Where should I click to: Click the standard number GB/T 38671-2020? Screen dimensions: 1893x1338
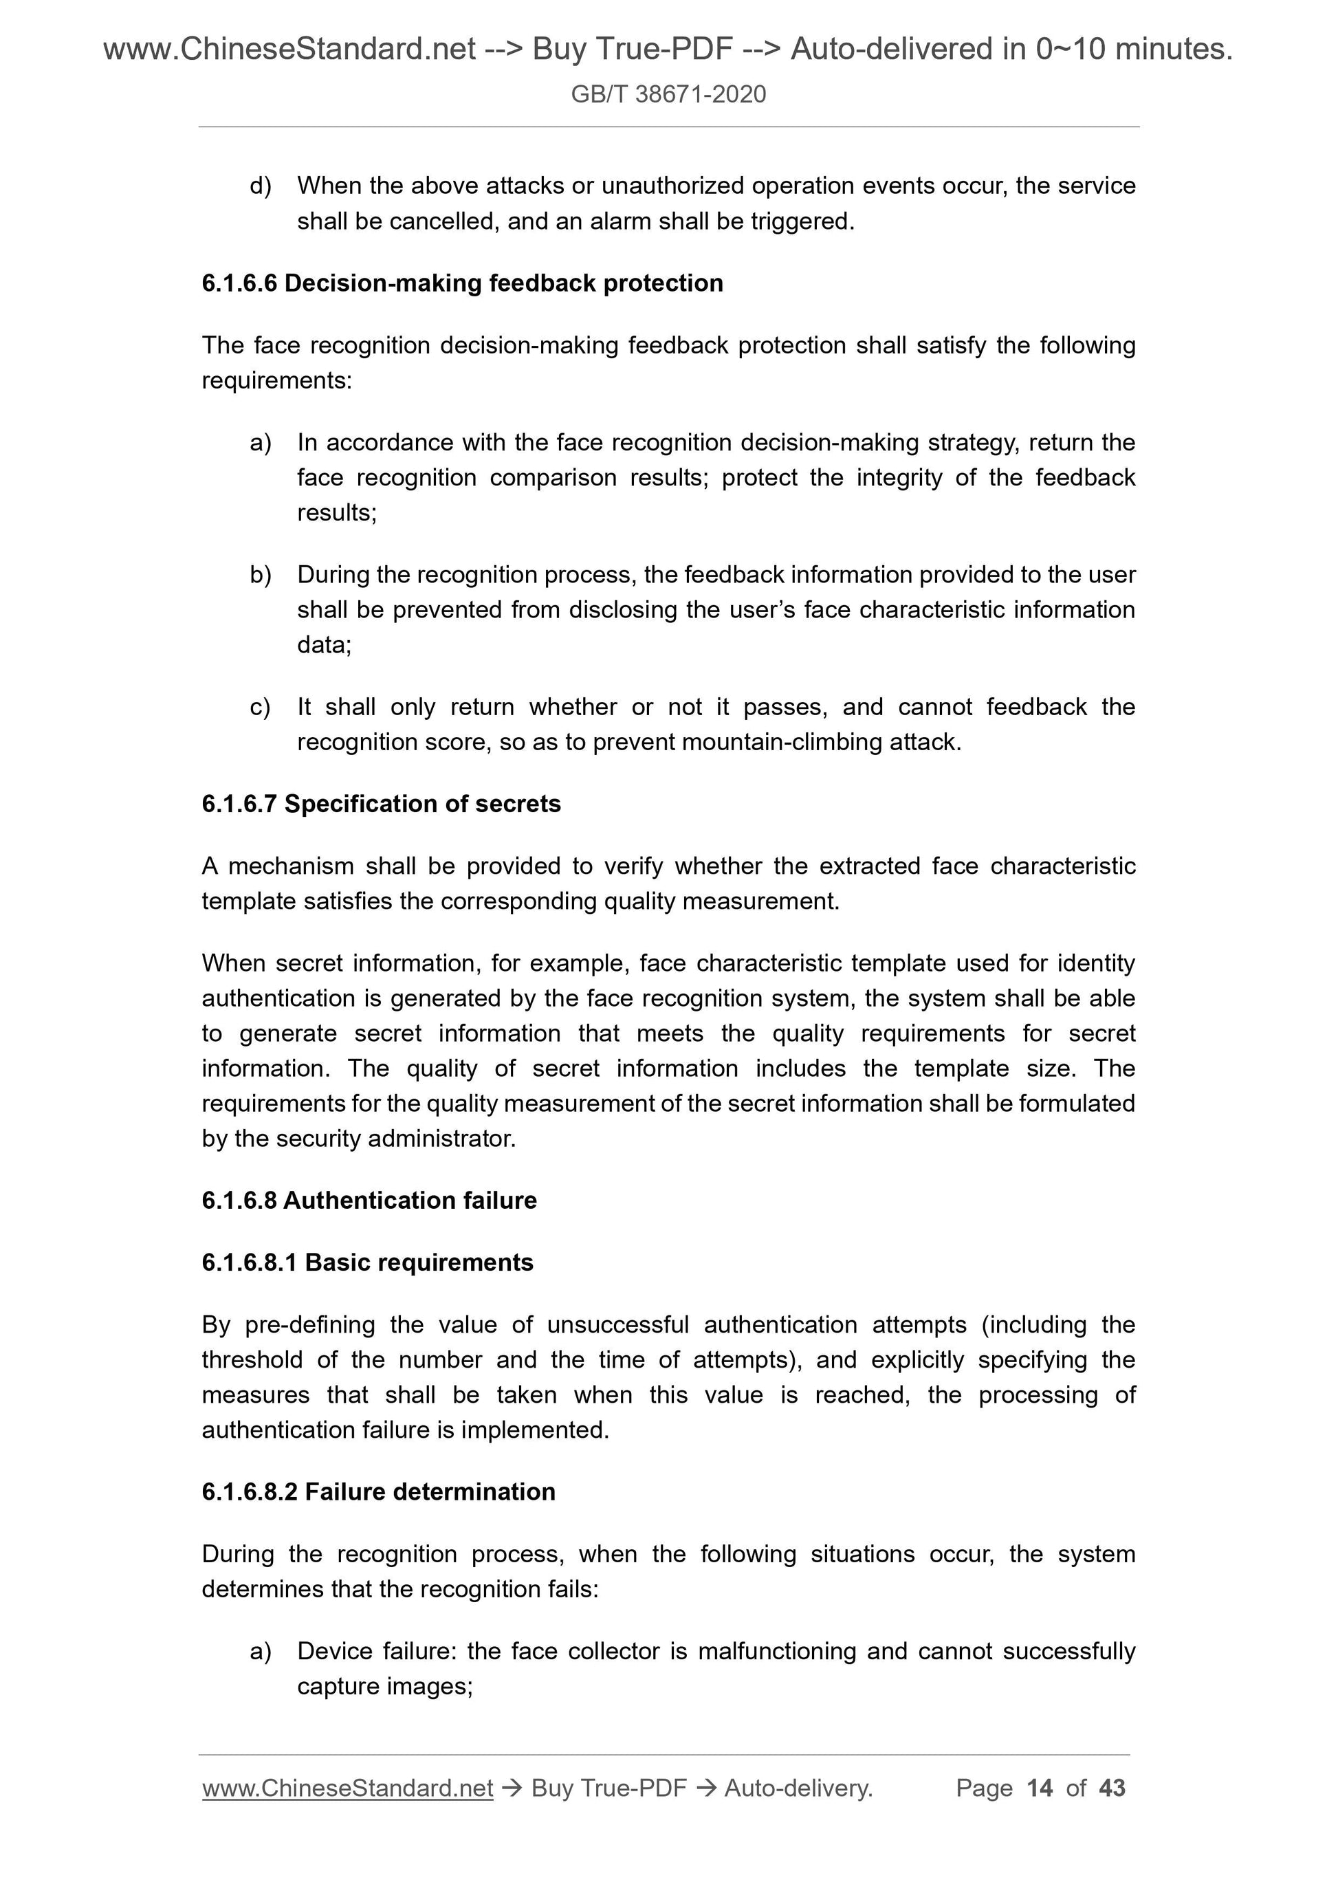[668, 94]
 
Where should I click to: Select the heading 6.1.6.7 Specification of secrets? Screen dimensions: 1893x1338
[381, 804]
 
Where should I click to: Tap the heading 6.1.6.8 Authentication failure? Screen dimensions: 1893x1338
[369, 1201]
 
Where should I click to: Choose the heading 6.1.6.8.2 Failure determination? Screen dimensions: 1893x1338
[377, 1491]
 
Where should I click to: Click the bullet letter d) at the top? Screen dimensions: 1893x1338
[260, 186]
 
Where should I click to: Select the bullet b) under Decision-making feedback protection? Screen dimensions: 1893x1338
[260, 575]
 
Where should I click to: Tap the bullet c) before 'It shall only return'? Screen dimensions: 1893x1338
[260, 708]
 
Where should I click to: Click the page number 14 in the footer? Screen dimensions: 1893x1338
[1040, 1788]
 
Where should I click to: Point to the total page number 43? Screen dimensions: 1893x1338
[1112, 1788]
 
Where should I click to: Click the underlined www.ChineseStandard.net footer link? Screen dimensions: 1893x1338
[347, 1788]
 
